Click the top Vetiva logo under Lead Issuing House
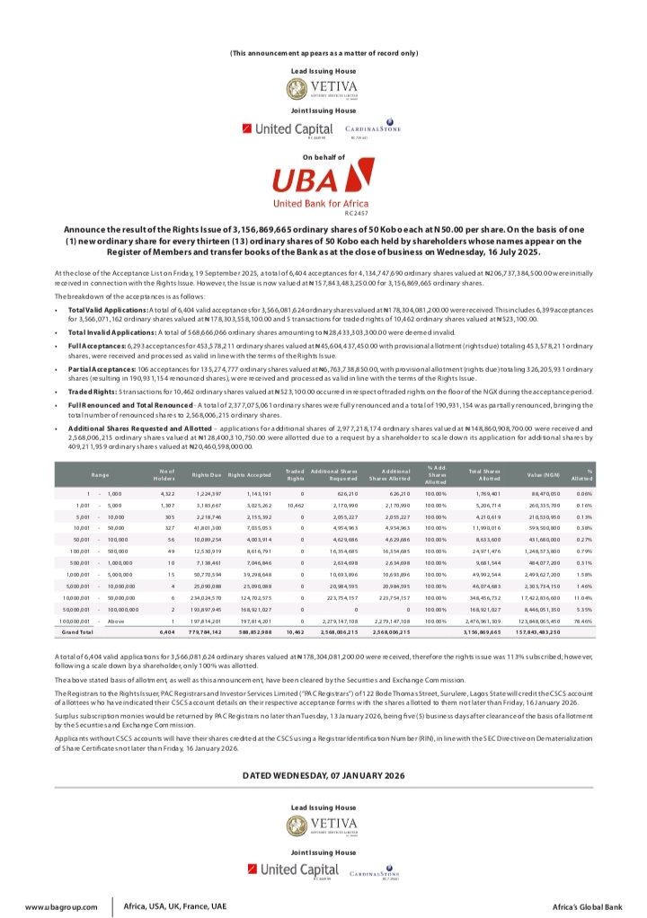pos(323,89)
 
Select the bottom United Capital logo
pos(293,869)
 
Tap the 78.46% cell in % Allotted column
pos(584,621)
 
